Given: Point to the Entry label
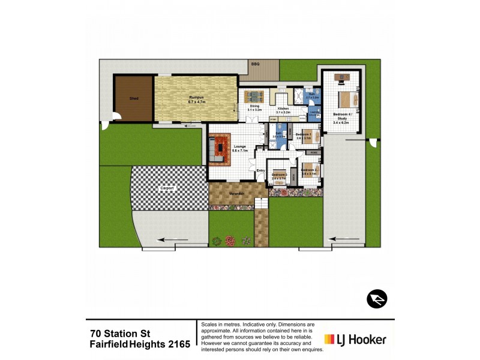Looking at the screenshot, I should click(x=260, y=170).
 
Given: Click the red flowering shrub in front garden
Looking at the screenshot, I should click(x=230, y=241).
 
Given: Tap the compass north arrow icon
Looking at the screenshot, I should click(x=377, y=299).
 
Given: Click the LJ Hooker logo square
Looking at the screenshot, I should click(x=330, y=339).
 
